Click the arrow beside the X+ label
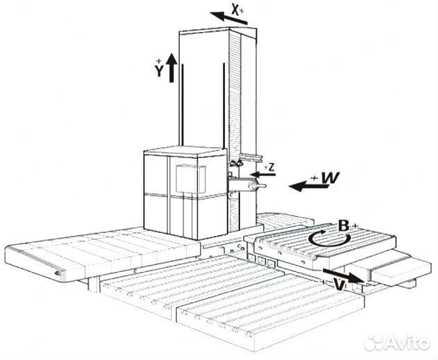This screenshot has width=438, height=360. coord(229,17)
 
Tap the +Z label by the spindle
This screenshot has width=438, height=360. coord(269,166)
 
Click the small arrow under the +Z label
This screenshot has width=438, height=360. coord(264,173)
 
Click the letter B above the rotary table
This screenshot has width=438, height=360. coord(343,225)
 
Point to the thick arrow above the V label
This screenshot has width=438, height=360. coord(346,275)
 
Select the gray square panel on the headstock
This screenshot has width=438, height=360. coord(187,180)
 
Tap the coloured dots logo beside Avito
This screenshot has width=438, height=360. coord(376,341)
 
